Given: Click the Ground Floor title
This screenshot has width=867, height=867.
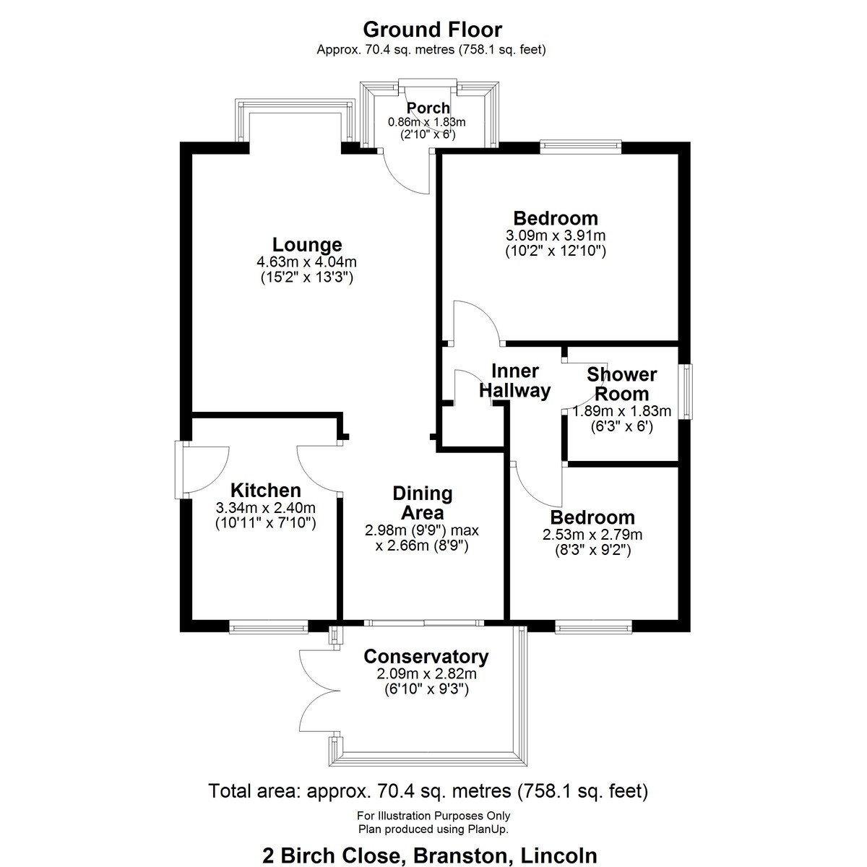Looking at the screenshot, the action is tap(432, 30).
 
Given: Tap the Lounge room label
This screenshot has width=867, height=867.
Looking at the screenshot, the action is tap(307, 245).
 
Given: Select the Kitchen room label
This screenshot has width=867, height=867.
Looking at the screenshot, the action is tap(265, 491).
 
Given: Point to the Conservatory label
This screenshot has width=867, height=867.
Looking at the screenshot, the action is tap(426, 657).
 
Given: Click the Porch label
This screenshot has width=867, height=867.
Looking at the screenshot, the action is tap(428, 108).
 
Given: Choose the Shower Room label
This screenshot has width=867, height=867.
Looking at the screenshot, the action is tap(622, 384).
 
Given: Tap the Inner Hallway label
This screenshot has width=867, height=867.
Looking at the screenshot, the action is tap(514, 381).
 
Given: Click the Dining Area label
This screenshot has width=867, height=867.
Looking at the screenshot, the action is tap(423, 503).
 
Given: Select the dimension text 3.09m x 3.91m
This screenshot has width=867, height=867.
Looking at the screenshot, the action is tap(556, 236).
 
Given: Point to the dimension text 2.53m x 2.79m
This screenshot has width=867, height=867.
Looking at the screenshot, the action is tap(592, 535).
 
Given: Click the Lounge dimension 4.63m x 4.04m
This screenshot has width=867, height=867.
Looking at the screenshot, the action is tap(307, 262).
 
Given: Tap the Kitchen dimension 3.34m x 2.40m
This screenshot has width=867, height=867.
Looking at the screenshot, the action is tap(265, 507).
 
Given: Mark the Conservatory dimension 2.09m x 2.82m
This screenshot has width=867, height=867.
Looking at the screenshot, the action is tap(426, 673).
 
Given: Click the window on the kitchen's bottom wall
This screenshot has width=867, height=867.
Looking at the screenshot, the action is tap(269, 627).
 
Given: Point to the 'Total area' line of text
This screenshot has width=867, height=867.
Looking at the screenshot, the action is tap(428, 790).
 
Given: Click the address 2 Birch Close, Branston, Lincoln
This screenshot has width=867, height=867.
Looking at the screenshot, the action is tap(430, 855).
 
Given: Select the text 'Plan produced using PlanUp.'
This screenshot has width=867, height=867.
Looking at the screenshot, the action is tap(433, 829).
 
